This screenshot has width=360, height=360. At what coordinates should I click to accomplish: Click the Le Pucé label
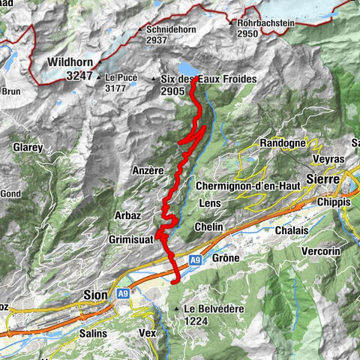[x=121, y=77]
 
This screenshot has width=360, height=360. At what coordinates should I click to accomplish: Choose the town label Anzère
[x=147, y=170]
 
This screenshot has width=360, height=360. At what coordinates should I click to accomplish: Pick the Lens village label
[x=210, y=203]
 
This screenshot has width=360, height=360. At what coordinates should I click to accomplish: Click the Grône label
[x=225, y=258]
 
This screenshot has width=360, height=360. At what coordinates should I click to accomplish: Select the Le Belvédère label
[x=211, y=308]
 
